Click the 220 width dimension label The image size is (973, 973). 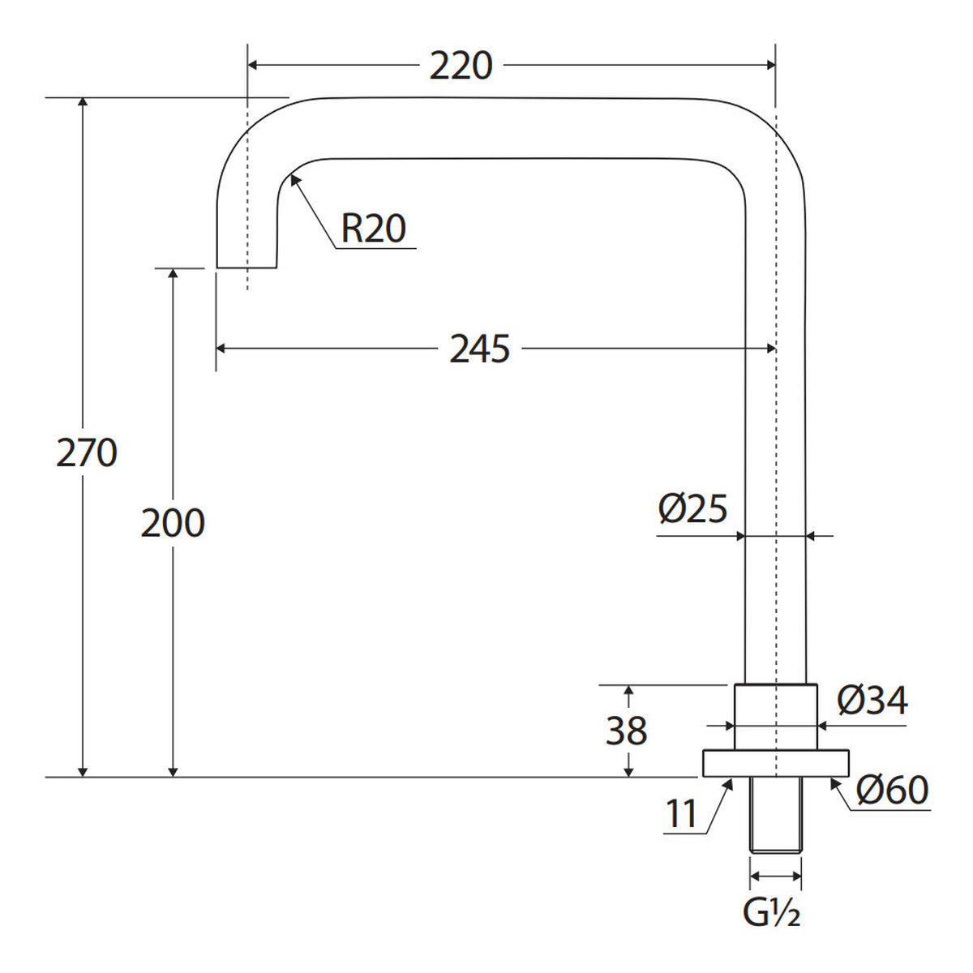point(461,66)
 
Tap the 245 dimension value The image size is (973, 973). point(480,349)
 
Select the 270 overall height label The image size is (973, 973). point(87,452)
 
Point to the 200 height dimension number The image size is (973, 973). point(173,523)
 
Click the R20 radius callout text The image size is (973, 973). point(374,229)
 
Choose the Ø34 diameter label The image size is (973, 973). point(872,701)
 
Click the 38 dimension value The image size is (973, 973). point(627,730)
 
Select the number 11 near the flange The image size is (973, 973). point(682,813)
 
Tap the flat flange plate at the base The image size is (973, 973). point(776,763)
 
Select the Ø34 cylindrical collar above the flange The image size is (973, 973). point(776,717)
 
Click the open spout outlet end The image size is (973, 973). point(247,267)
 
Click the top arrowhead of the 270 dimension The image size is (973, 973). point(84,102)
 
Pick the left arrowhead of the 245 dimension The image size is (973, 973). point(221,349)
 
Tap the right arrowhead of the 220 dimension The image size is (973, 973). point(770,65)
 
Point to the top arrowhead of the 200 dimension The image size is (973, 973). point(173,274)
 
